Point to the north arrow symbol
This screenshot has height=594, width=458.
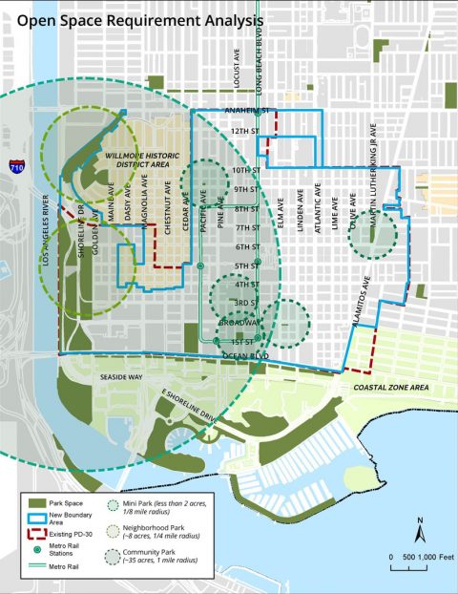(419, 528)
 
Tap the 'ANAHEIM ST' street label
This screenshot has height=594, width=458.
(249, 111)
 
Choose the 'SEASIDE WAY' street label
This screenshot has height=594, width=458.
(120, 376)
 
